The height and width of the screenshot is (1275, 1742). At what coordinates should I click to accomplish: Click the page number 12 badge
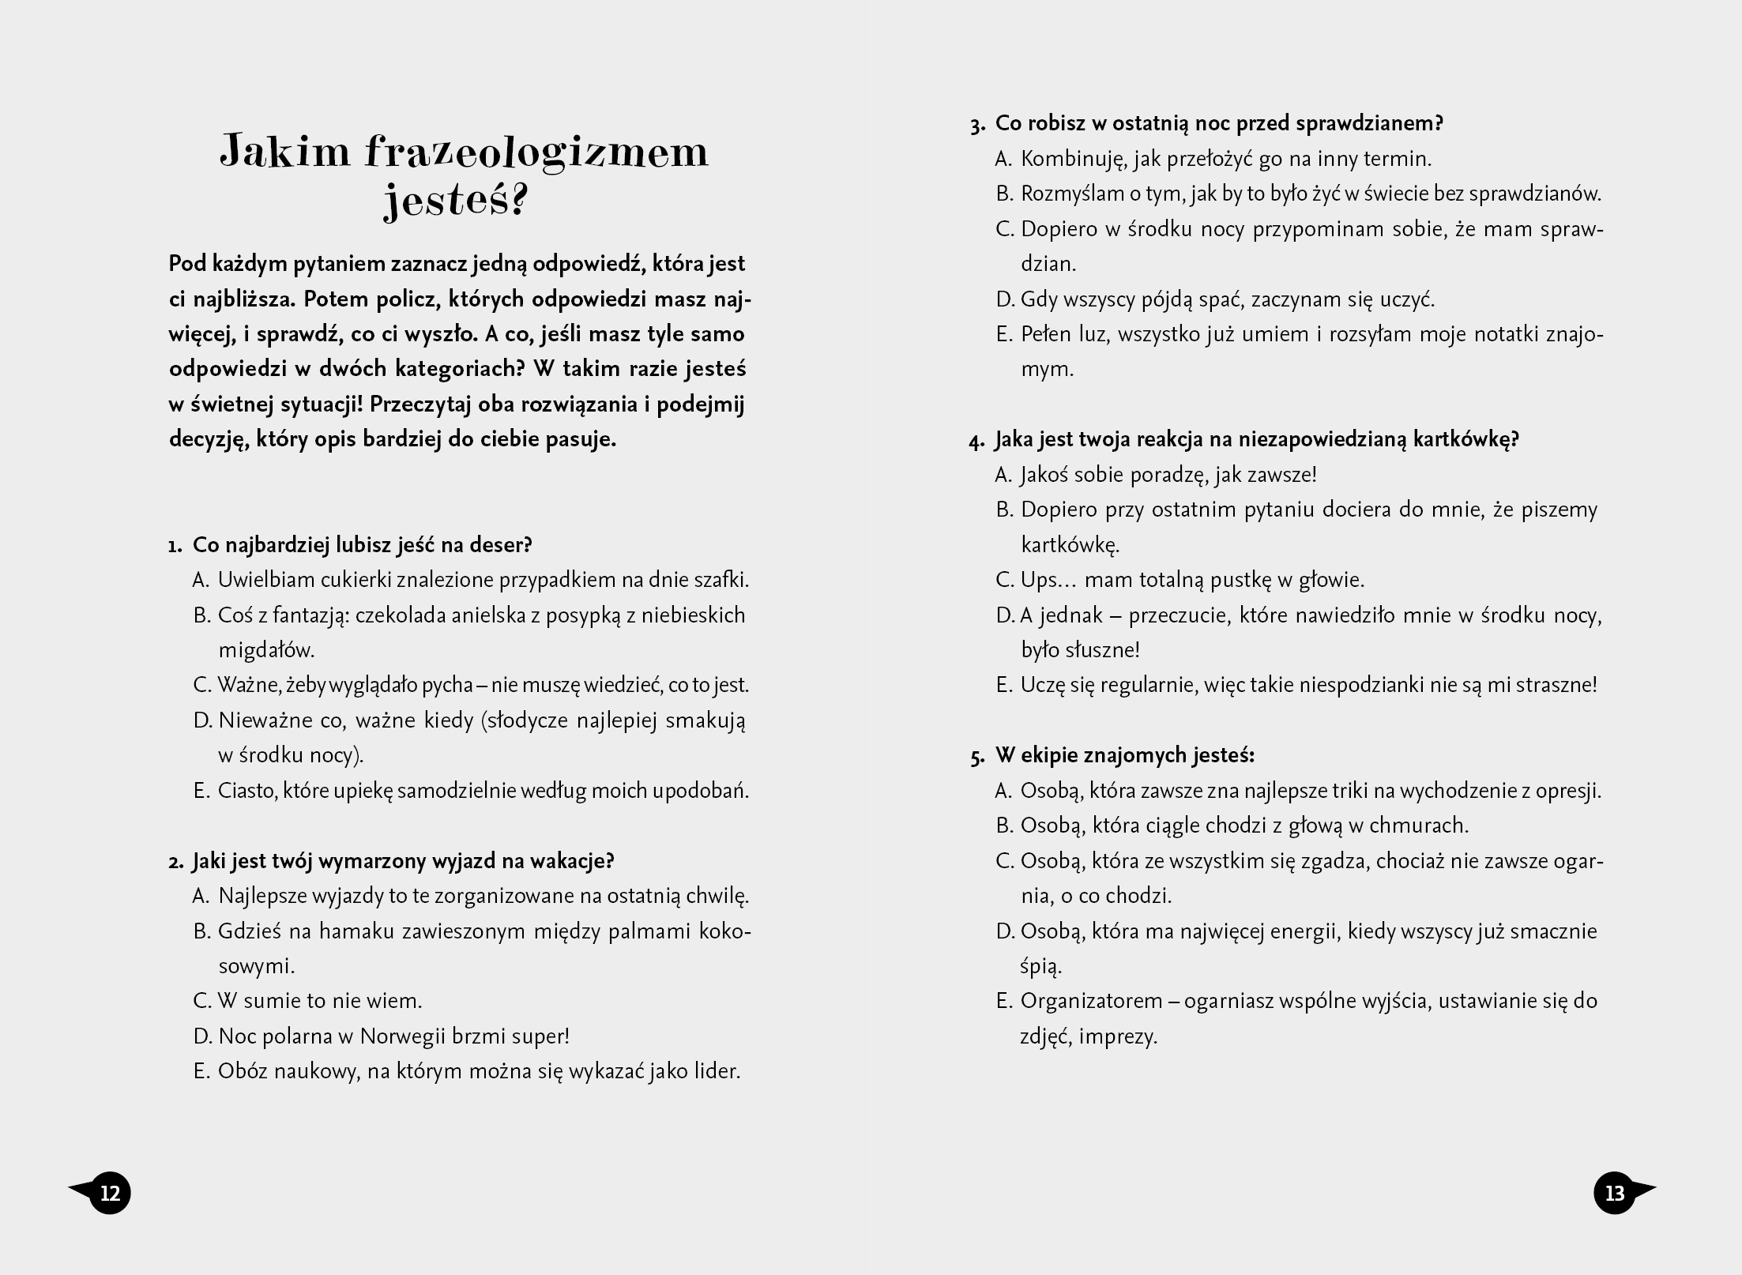[x=110, y=1193]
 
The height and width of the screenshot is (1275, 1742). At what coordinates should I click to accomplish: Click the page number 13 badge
[x=1615, y=1193]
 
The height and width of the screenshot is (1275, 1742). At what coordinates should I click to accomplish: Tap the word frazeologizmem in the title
[x=536, y=152]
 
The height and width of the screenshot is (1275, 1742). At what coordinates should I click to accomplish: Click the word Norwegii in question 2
[x=403, y=1036]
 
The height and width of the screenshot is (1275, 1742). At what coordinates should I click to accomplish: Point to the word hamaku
[x=356, y=931]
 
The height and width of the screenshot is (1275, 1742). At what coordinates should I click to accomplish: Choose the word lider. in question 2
[x=715, y=1072]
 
